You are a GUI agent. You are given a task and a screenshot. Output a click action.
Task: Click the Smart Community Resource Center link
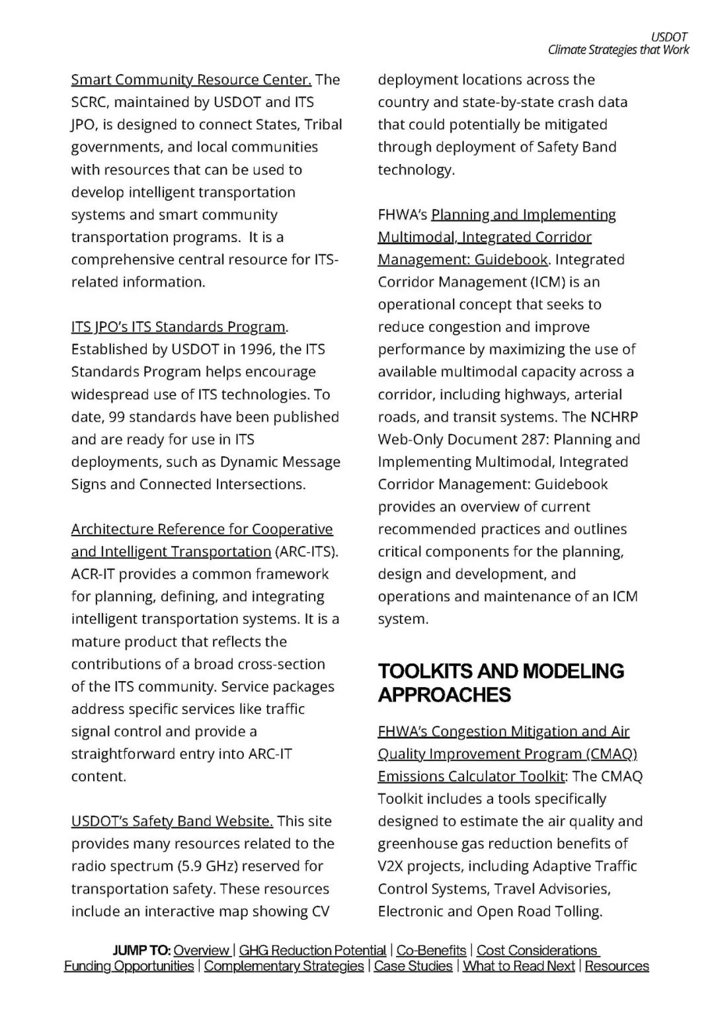click(191, 80)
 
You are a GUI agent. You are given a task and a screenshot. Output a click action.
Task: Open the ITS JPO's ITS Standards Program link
click(178, 327)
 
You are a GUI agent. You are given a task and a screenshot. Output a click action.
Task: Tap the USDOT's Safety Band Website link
click(172, 822)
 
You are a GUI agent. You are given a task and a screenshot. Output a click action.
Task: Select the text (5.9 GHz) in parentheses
click(216, 867)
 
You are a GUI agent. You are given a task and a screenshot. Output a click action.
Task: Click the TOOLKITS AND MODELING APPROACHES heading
click(500, 683)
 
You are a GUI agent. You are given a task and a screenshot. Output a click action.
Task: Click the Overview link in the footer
click(202, 951)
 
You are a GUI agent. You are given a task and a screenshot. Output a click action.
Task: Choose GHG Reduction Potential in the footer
click(312, 951)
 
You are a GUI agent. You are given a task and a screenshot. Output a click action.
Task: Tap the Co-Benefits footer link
click(431, 951)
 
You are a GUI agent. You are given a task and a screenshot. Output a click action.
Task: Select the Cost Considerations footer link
click(537, 951)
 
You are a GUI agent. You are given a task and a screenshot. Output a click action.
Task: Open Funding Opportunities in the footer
click(129, 967)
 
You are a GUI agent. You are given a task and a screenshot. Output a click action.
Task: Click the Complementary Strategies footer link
click(284, 967)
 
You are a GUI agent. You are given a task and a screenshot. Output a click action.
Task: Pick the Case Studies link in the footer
click(413, 967)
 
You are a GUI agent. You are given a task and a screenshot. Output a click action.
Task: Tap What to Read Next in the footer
click(518, 967)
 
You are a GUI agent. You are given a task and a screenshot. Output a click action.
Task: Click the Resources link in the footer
click(617, 967)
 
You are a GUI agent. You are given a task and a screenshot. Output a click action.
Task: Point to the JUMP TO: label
click(141, 951)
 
